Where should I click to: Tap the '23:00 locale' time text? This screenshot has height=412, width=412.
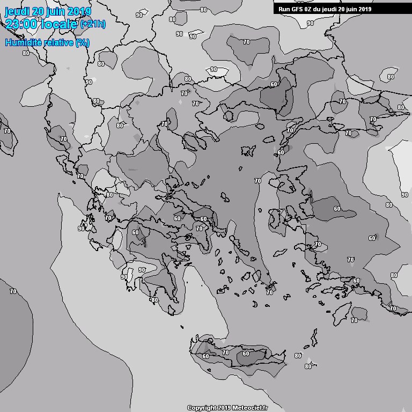(x=41, y=24)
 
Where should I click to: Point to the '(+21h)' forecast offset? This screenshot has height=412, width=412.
(x=93, y=24)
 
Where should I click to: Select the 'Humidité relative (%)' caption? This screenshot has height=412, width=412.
(x=48, y=42)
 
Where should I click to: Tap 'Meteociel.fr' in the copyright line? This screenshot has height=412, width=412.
(x=249, y=408)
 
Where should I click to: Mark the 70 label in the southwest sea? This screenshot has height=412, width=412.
(x=13, y=291)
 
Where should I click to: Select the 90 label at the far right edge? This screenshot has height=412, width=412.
(x=404, y=195)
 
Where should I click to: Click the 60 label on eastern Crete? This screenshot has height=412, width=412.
(x=246, y=354)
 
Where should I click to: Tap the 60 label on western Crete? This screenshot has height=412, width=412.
(x=205, y=356)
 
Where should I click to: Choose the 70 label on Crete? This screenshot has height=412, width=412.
(x=225, y=352)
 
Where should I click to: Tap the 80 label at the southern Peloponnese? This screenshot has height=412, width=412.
(x=154, y=300)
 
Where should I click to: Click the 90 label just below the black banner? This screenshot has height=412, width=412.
(x=310, y=23)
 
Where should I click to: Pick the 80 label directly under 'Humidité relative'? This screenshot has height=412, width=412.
(x=26, y=53)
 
